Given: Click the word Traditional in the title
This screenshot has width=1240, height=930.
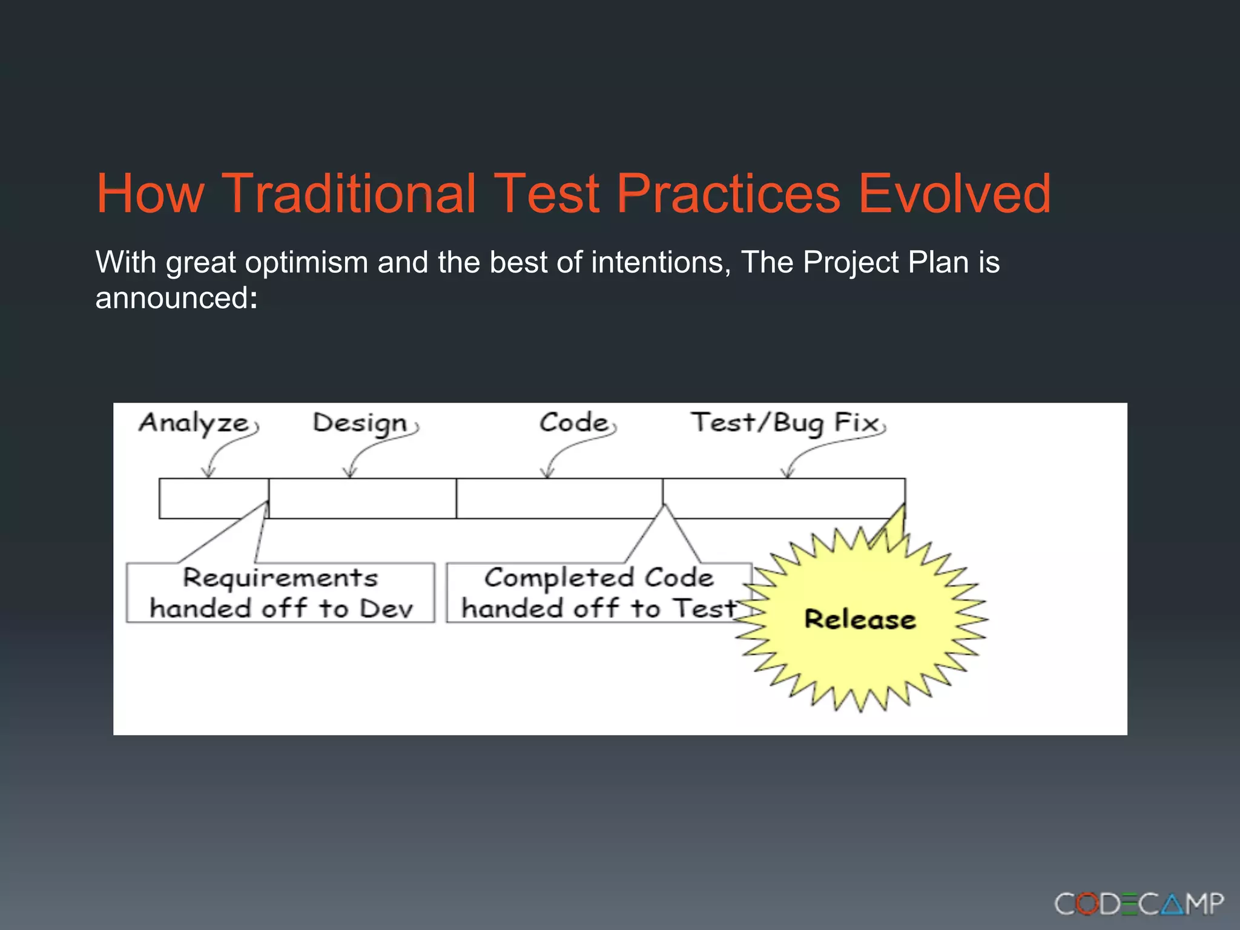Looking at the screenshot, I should (349, 194).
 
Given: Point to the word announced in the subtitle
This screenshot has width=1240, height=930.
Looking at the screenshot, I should (171, 298).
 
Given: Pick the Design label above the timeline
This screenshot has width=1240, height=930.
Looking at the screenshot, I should (360, 423).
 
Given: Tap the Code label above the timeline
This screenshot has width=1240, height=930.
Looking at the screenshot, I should (573, 423).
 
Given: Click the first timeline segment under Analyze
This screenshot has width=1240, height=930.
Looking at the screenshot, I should (213, 498).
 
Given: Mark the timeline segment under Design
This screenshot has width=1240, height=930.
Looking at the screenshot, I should (362, 498).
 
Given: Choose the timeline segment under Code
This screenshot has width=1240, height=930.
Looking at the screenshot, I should (559, 498).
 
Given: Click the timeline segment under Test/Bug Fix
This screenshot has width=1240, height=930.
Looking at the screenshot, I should (783, 498).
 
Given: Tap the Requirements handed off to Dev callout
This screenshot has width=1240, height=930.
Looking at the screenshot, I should (280, 593).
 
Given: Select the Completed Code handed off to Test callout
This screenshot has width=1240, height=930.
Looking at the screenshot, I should (598, 593).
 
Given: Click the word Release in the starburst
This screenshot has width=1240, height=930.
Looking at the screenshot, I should (860, 619).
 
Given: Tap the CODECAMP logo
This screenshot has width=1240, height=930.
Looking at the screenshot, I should (1138, 904).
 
